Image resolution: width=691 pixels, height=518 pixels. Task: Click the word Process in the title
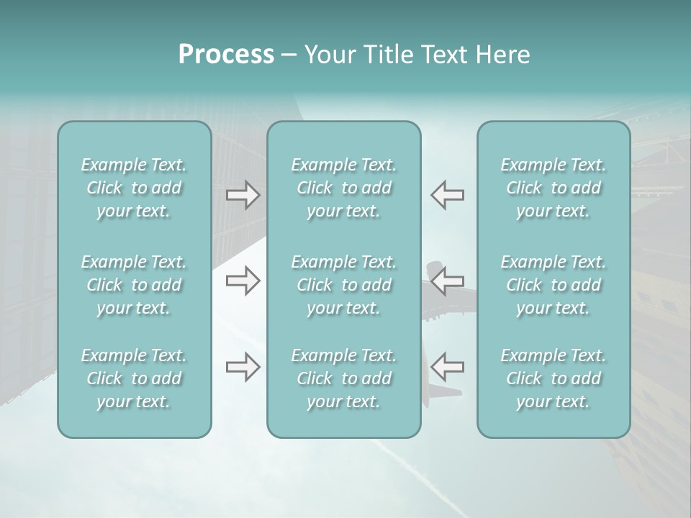coord(226,55)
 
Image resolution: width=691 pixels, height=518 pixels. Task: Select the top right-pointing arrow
coord(243,195)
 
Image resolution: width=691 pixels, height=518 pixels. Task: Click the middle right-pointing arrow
coord(243,281)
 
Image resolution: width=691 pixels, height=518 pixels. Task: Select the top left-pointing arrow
coord(447,195)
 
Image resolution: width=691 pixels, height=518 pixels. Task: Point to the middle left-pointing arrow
coord(447,281)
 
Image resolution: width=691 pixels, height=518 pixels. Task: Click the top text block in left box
coord(134,188)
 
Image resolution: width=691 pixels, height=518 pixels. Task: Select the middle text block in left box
coord(134,285)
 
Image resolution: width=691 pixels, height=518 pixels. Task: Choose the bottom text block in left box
coord(134,378)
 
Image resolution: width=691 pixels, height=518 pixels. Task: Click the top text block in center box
coord(344,188)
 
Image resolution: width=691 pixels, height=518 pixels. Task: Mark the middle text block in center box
coord(344,285)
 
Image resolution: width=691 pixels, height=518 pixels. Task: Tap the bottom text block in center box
coord(344,378)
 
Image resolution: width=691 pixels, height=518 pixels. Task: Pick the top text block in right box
coord(554,188)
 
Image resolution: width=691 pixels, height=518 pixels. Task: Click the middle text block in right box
coord(554,285)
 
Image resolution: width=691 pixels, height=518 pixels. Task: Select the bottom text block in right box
coord(554,378)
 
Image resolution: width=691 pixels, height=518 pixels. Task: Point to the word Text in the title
coord(441,55)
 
